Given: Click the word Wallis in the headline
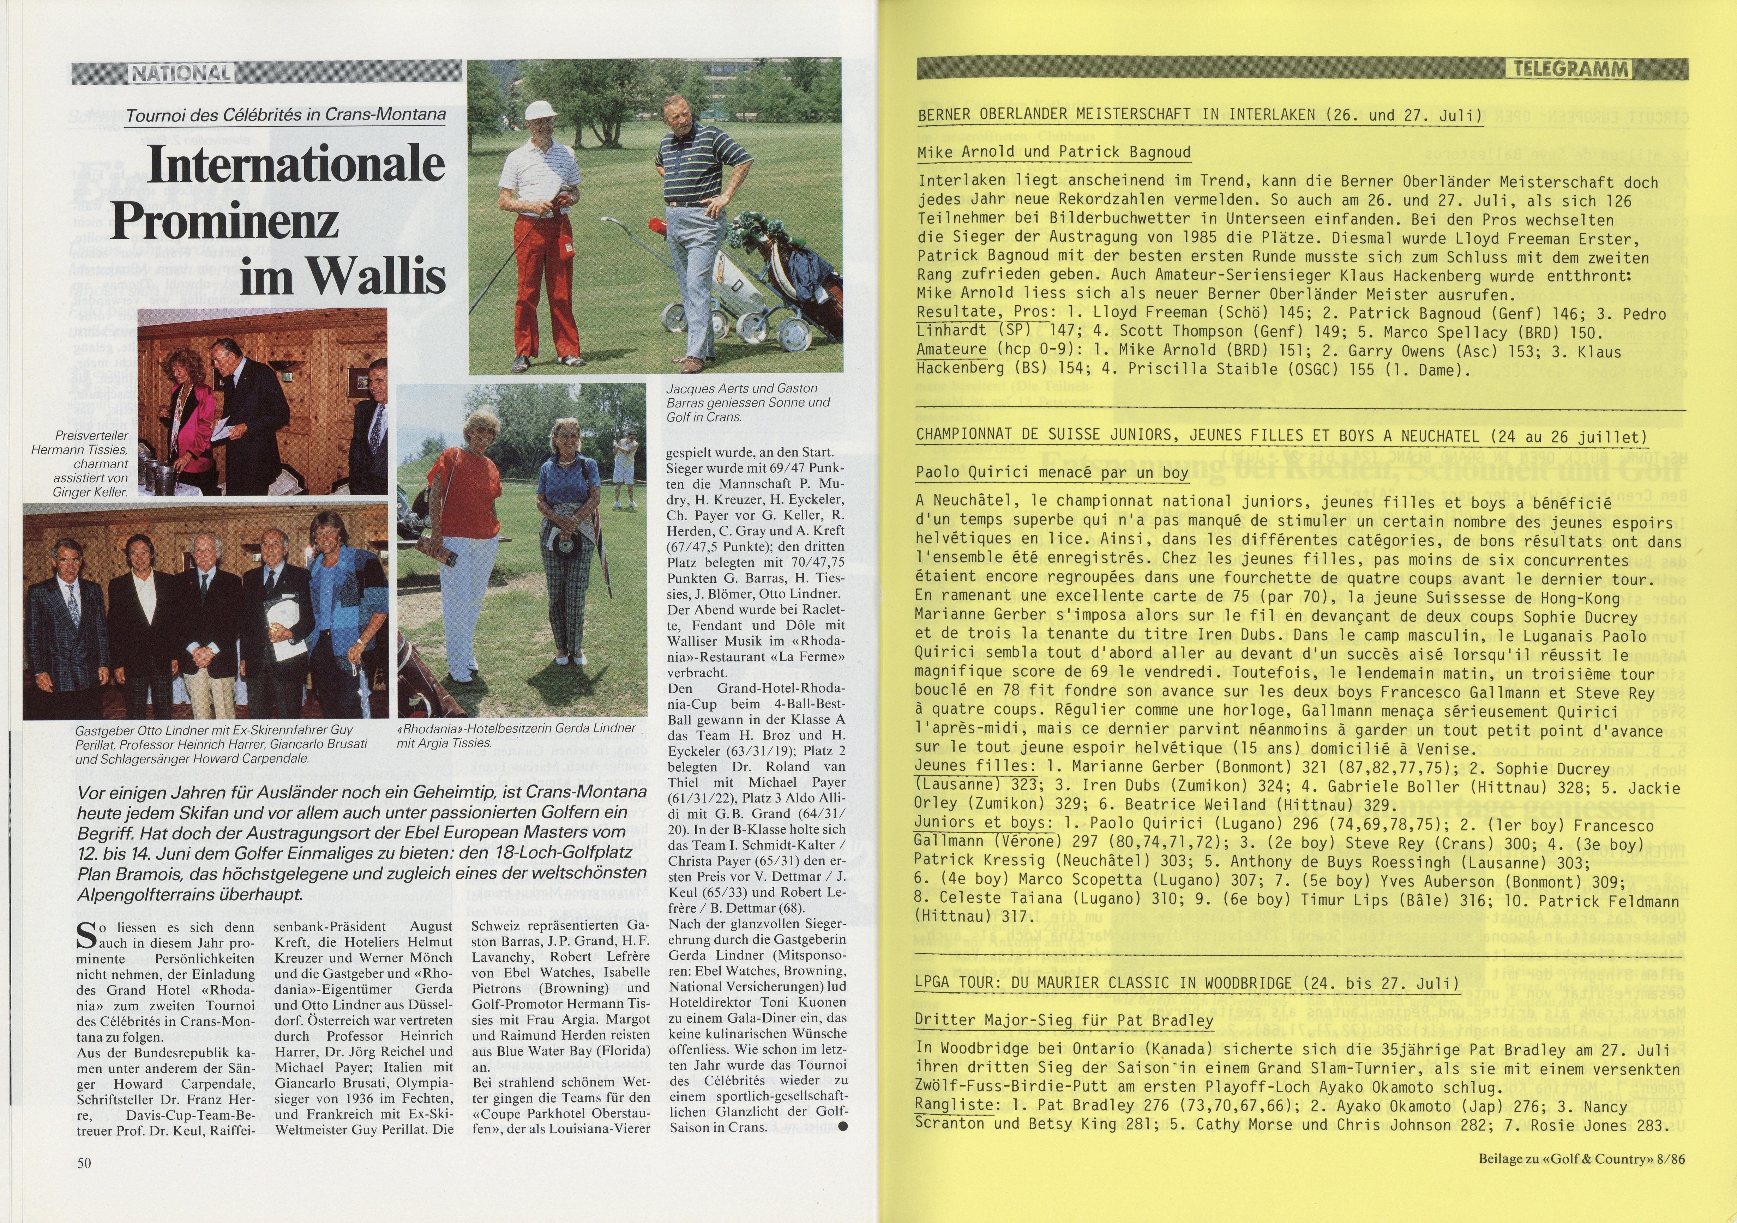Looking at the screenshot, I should point(343,276).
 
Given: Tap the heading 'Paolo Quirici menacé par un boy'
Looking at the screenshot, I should point(1052,473).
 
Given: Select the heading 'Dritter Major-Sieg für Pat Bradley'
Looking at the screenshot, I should point(1064,1019).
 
